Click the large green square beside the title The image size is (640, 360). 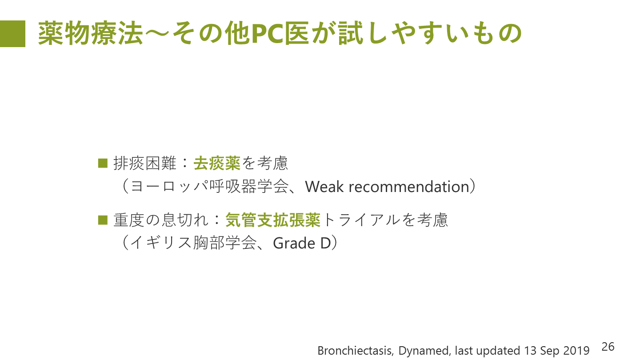12,33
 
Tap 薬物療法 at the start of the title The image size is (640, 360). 90,33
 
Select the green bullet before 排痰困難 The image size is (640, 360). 103,163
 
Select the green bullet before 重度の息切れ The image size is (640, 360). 103,220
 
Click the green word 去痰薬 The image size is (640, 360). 217,164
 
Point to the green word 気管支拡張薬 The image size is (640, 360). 273,220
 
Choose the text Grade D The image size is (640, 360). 302,244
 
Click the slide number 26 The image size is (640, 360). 608,347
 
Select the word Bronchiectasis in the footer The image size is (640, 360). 356,351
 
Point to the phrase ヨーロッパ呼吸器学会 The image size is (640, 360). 209,187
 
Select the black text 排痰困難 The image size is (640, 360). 145,164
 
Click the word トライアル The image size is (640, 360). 360,220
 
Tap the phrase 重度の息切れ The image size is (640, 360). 161,220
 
